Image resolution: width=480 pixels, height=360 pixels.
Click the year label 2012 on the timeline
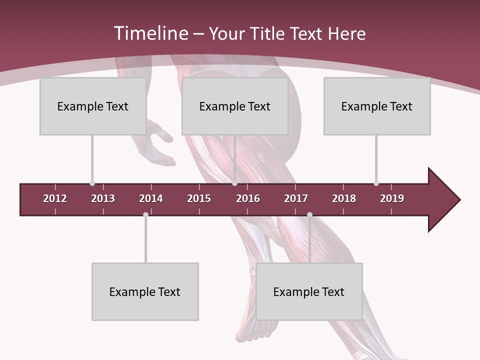(55, 198)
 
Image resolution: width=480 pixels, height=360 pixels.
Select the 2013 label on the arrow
(103, 198)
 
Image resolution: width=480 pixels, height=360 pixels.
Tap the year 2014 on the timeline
(151, 198)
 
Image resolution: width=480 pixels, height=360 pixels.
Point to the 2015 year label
(199, 198)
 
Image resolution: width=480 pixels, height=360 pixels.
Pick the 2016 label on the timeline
(248, 198)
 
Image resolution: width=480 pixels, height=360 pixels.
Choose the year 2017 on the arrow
(296, 198)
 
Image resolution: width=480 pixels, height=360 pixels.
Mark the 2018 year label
(344, 198)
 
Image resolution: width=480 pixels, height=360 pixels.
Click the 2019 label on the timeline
(392, 198)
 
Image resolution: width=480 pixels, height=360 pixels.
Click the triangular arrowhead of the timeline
(443, 200)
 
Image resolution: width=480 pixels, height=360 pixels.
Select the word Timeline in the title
(150, 33)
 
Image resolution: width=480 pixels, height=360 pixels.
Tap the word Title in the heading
(267, 33)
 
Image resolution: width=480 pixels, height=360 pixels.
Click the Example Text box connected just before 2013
(93, 106)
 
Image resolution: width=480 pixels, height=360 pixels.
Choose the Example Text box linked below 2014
(145, 291)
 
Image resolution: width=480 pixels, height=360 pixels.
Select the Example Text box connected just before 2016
(235, 106)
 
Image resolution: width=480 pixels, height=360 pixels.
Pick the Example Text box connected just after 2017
(309, 291)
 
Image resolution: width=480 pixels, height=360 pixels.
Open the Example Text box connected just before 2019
(377, 106)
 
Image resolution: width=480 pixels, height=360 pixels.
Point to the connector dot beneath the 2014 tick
(145, 214)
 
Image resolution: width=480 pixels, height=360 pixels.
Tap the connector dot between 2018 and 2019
(376, 183)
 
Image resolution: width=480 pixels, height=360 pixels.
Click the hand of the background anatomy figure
(161, 145)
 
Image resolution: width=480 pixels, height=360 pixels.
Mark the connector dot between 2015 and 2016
(234, 183)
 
